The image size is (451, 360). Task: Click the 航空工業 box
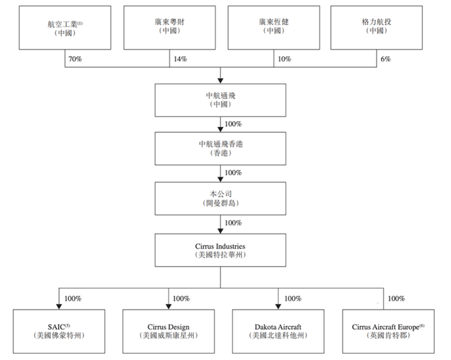tap(65, 28)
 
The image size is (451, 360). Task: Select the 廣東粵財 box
tap(169, 28)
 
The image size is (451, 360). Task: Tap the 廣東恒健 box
tap(274, 28)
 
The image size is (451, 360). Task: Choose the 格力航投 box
tap(376, 28)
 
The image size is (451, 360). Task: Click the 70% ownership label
tap(75, 59)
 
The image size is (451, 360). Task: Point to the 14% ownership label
tap(180, 59)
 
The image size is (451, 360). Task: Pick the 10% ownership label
tap(285, 59)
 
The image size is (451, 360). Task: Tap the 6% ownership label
tap(386, 59)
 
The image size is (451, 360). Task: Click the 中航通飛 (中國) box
tap(220, 100)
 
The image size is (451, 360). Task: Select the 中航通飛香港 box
tap(220, 149)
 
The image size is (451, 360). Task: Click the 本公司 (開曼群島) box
tap(220, 198)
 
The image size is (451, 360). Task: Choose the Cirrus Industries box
tap(220, 250)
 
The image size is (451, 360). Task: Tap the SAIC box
tap(59, 331)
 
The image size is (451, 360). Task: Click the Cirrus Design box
tap(169, 331)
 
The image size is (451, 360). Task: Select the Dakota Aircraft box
tap(278, 331)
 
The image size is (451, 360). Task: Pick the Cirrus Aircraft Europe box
tap(389, 331)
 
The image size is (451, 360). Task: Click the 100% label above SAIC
tap(73, 298)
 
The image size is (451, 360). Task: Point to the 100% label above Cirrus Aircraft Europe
tap(396, 298)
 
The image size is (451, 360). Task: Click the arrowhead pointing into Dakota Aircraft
tap(278, 307)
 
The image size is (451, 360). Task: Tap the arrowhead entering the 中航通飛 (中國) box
tap(220, 81)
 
